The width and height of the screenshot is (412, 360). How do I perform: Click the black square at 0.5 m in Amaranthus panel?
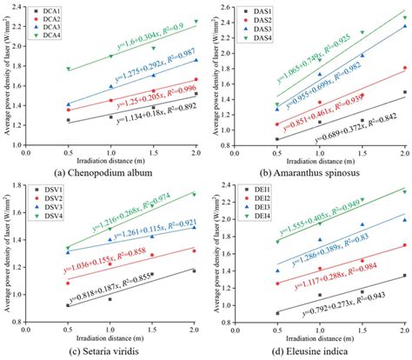(277, 139)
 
